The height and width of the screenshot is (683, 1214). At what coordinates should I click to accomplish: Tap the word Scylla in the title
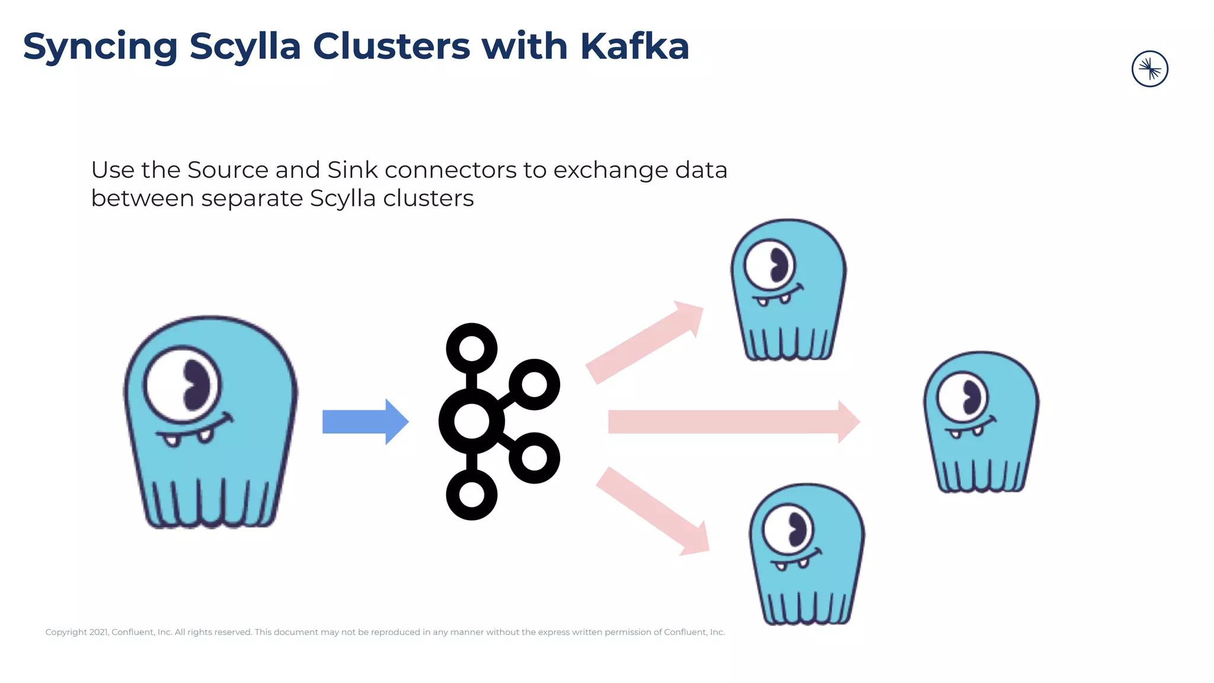click(x=245, y=46)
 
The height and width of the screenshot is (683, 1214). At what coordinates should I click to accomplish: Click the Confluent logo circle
click(x=1149, y=69)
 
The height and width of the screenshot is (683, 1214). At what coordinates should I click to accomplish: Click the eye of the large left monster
click(x=183, y=385)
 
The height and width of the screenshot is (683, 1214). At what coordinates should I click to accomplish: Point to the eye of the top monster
click(x=770, y=264)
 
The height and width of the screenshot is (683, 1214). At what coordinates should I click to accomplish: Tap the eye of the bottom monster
click(x=788, y=529)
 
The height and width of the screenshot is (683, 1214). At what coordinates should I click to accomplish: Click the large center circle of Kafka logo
click(x=472, y=422)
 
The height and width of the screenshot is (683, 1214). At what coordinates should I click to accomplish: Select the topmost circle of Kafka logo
click(x=472, y=349)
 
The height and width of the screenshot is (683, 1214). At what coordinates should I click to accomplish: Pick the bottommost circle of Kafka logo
click(x=472, y=494)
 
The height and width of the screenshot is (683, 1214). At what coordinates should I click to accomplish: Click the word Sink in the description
click(x=352, y=170)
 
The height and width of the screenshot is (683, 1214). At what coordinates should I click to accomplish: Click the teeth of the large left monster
click(x=189, y=438)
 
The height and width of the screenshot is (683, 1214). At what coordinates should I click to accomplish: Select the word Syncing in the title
click(x=100, y=46)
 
